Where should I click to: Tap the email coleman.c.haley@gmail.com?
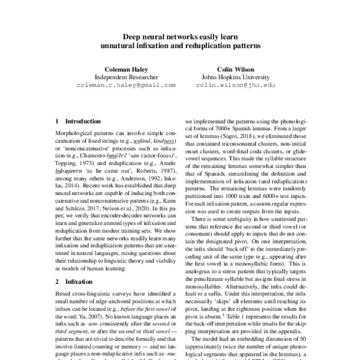coord(126,85)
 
